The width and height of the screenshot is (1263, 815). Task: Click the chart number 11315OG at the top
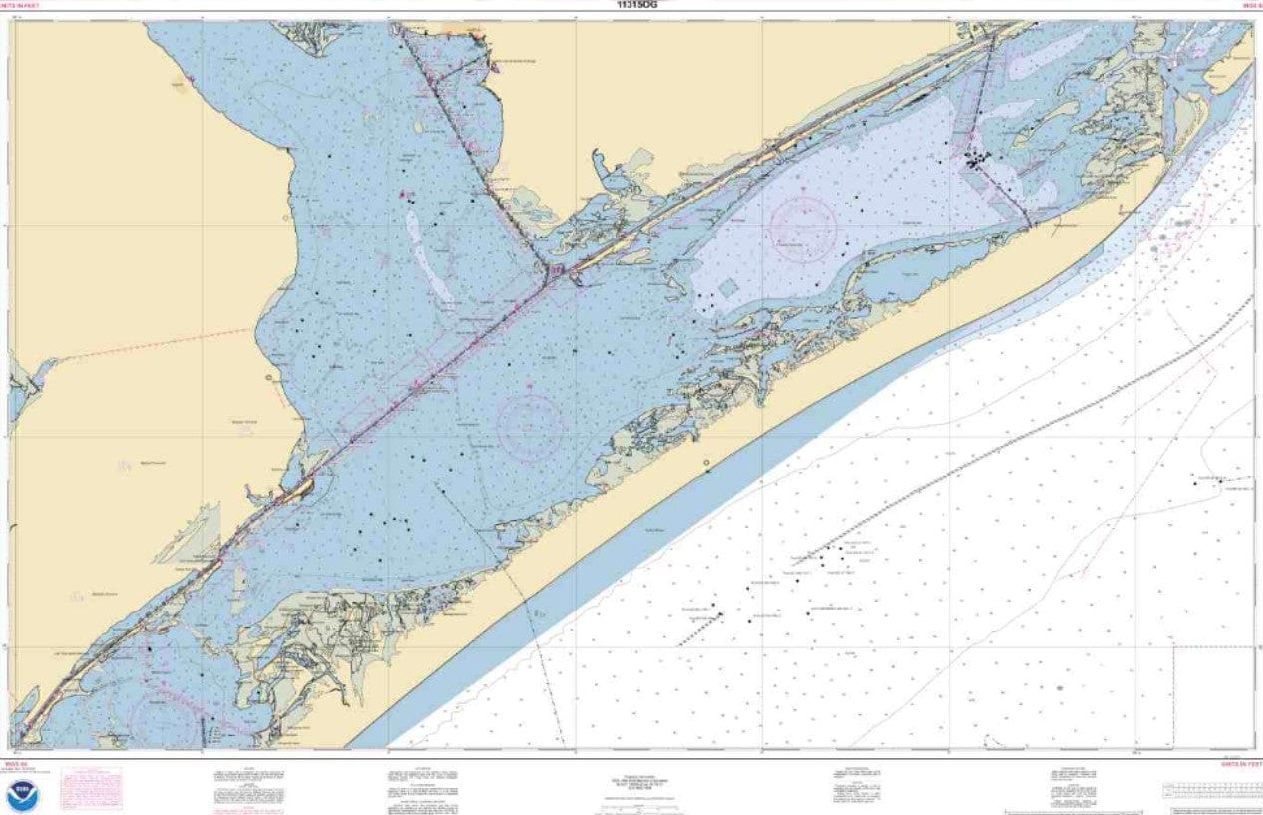(x=638, y=4)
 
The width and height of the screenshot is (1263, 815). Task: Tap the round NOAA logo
(x=22, y=795)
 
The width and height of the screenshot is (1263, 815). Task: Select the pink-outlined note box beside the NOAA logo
(x=91, y=787)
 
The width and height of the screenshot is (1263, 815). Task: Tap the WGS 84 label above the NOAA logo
(x=22, y=764)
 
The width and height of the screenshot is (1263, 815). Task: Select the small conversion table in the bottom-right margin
(x=1207, y=791)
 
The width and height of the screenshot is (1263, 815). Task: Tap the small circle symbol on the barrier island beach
(x=706, y=463)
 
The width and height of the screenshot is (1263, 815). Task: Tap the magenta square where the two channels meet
(x=558, y=270)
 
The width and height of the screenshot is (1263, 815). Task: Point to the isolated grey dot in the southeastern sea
(x=1059, y=688)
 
